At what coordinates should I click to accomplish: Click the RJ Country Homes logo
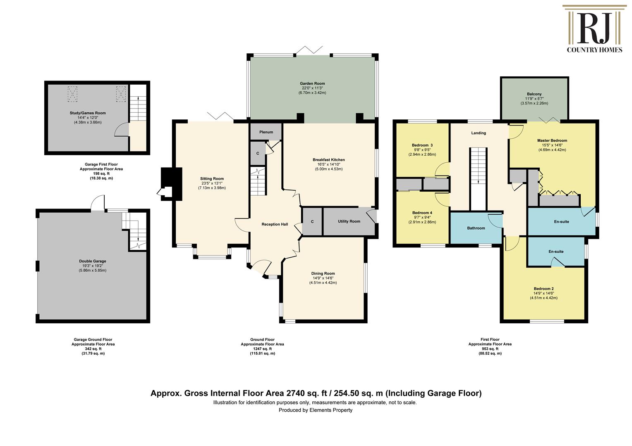pos(594,29)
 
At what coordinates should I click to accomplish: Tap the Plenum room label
pos(266,132)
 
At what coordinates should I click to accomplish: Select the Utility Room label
pos(349,221)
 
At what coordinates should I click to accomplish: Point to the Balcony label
pos(534,94)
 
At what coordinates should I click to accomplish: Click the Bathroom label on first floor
pos(476,228)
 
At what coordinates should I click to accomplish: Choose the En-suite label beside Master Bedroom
pos(561,222)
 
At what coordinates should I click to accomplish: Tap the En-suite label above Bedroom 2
pos(556,251)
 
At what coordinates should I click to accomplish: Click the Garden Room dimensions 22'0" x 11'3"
pos(312,88)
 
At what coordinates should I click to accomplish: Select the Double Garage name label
pos(93,261)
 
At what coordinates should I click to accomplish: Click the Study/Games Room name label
pos(88,113)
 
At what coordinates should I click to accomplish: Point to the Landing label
pos(479,133)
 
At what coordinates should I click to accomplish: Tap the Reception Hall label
pos(275,224)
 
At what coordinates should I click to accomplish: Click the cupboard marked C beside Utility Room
pos(312,222)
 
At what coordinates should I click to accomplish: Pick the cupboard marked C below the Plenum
pos(258,153)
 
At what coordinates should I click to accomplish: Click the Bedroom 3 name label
pos(422,145)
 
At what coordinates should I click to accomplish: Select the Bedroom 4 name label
pos(422,213)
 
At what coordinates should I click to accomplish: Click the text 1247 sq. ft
pos(262,349)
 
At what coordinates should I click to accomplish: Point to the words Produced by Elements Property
pos(316,410)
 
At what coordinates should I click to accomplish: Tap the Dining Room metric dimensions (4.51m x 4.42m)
pos(323,282)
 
